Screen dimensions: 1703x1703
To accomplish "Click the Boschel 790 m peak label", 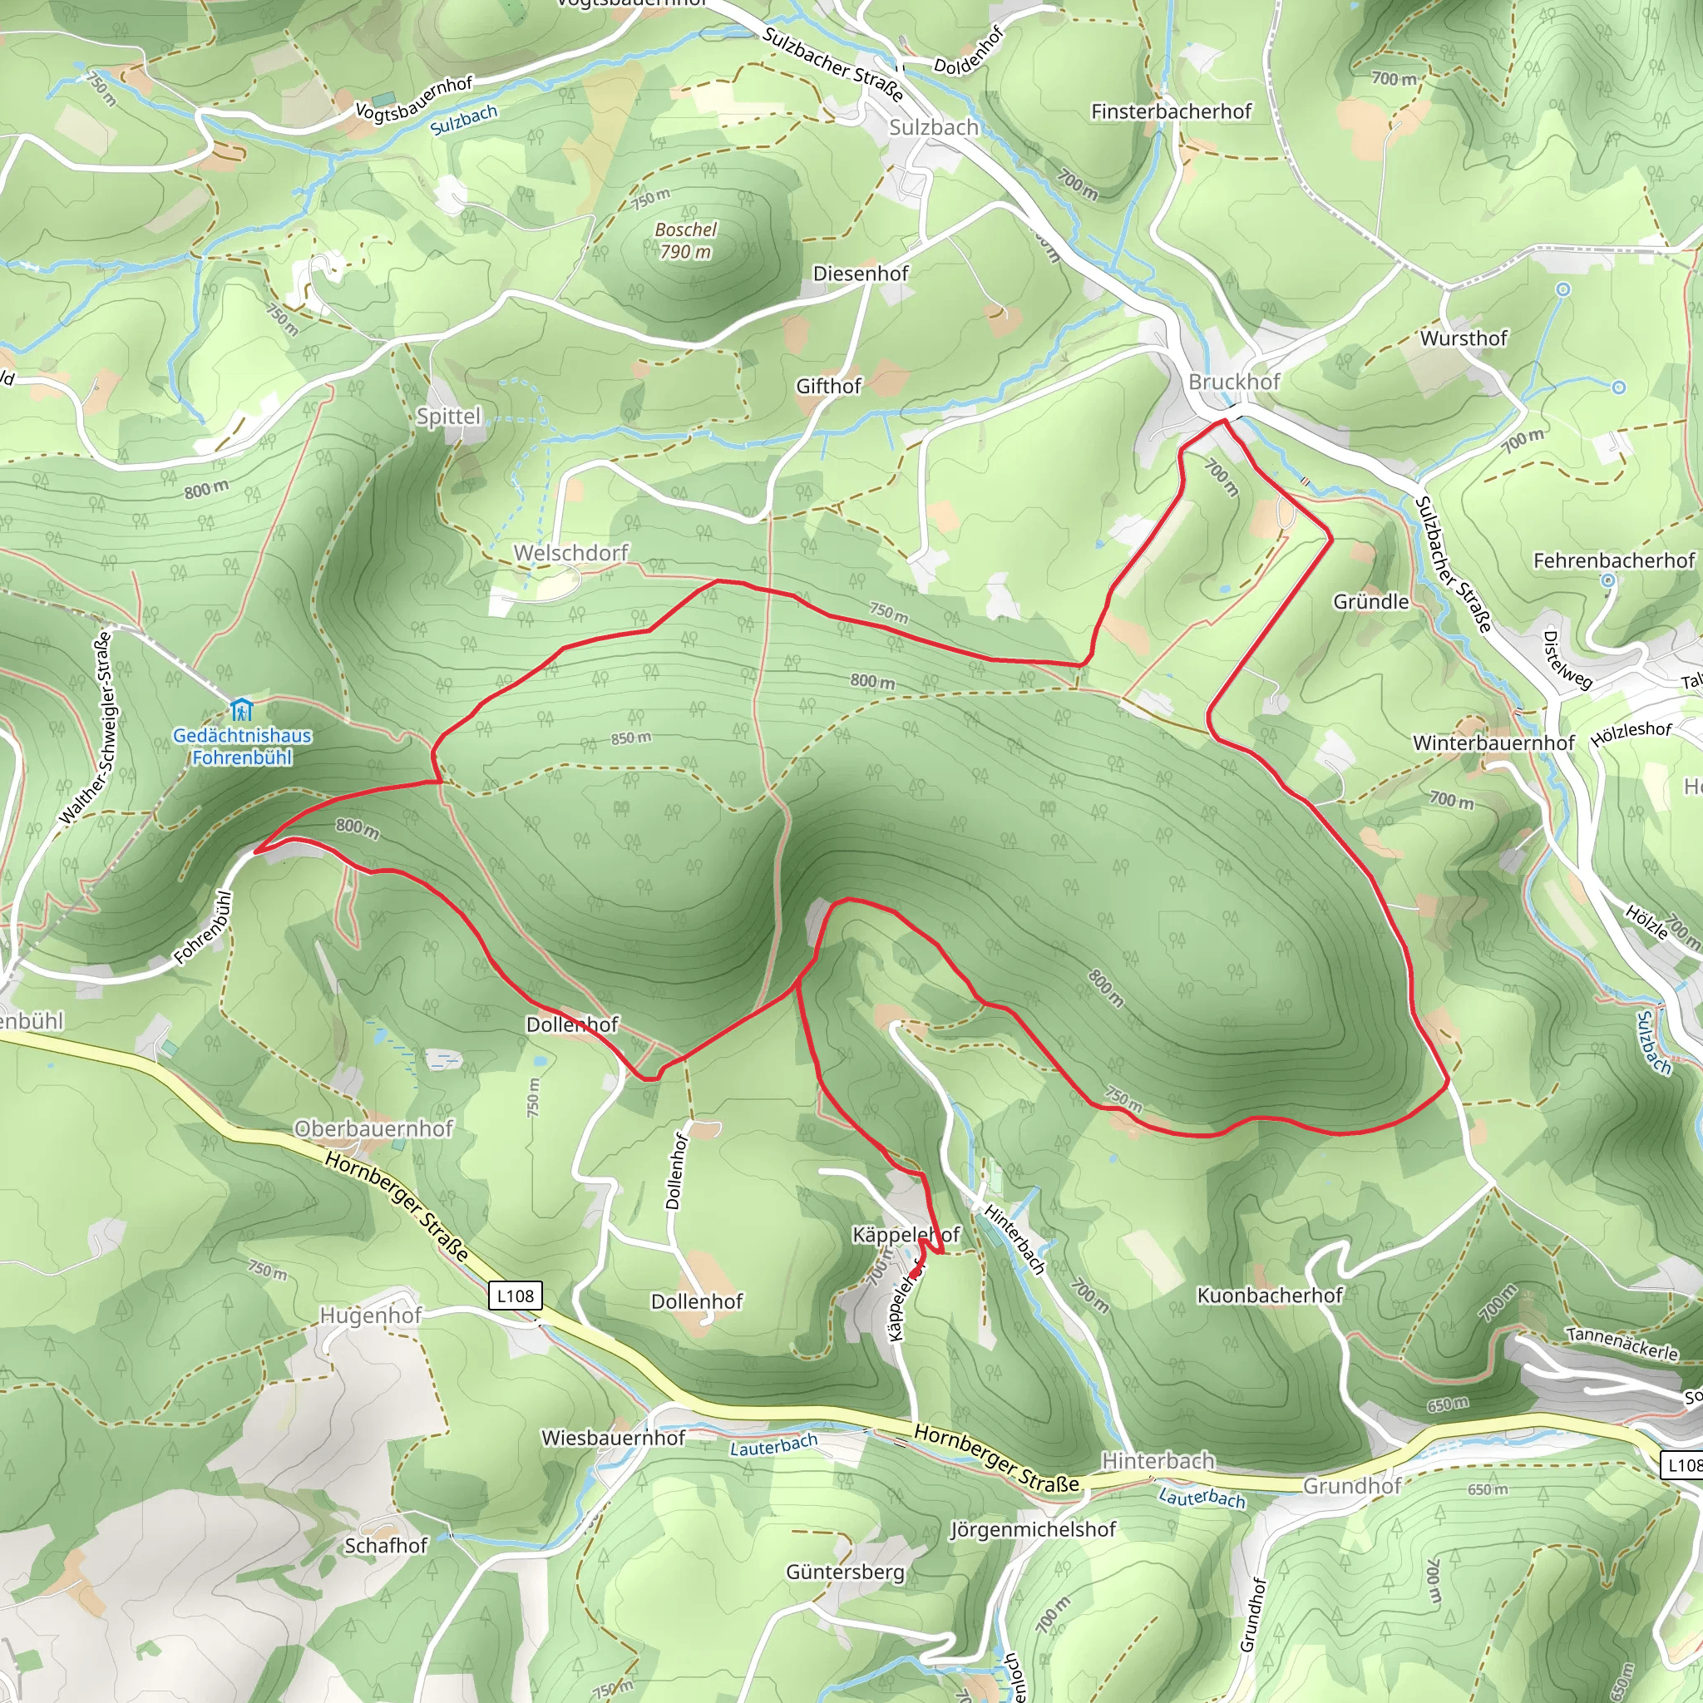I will click(x=685, y=240).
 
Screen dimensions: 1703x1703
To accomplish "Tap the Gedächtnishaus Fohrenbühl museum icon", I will click(x=240, y=708).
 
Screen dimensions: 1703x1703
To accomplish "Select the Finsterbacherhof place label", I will click(x=1171, y=112).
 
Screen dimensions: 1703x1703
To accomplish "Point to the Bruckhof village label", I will click(x=1233, y=382).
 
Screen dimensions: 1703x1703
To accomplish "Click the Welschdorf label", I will click(x=570, y=553).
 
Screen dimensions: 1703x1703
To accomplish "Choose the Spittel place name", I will click(x=449, y=416).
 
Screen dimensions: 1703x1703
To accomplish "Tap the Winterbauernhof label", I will click(x=1493, y=743).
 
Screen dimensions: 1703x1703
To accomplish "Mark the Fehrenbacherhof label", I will click(x=1613, y=560).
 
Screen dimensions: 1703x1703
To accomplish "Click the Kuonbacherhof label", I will click(x=1269, y=1295).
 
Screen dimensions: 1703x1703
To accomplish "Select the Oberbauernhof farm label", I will click(x=373, y=1128).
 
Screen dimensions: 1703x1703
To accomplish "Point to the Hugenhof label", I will click(x=370, y=1316).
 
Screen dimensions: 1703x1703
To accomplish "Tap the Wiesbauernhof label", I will click(x=613, y=1438).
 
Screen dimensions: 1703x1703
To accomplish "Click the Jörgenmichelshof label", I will click(x=1032, y=1529).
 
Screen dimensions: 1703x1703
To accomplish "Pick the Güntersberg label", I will click(x=845, y=1572).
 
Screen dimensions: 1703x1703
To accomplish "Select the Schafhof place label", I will click(x=385, y=1545).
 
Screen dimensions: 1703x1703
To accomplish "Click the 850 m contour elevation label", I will click(x=631, y=738).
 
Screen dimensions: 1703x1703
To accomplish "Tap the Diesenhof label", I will click(x=861, y=274).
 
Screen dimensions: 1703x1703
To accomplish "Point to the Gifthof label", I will click(x=827, y=386).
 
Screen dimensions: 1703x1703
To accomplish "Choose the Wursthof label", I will click(x=1464, y=338).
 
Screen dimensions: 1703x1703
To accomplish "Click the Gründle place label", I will click(x=1370, y=601).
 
